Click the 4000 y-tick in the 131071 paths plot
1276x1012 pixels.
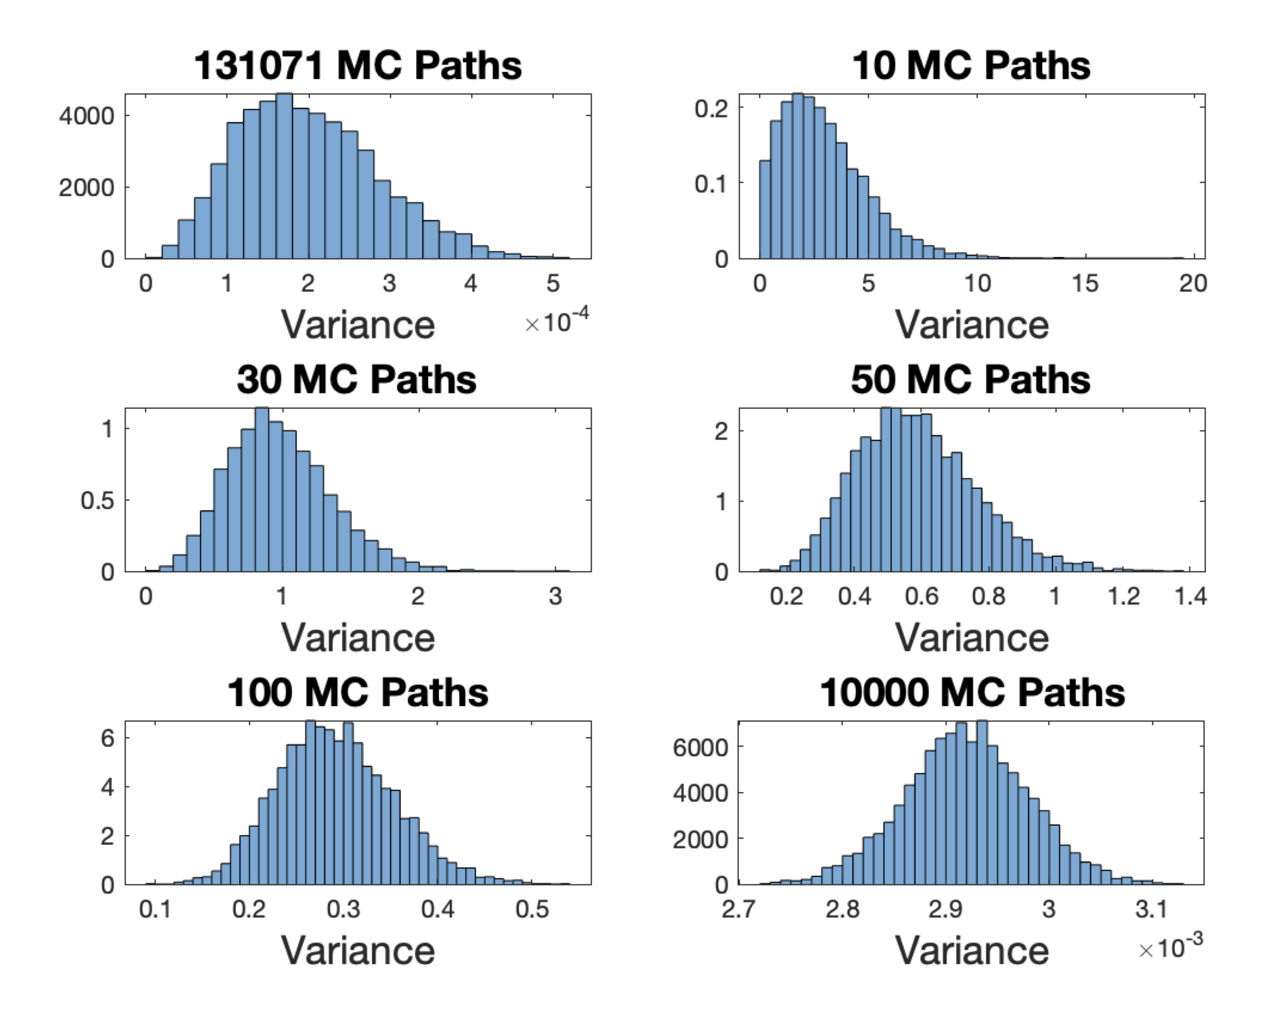(86, 116)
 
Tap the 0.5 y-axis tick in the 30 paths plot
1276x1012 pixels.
(97, 501)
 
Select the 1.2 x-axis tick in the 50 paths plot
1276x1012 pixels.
(1124, 596)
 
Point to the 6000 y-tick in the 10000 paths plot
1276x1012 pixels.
(700, 748)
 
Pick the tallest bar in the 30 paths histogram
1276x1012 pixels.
(262, 491)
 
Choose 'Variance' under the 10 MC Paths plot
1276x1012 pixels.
(971, 325)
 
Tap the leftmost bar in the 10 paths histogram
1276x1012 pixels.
(765, 210)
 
